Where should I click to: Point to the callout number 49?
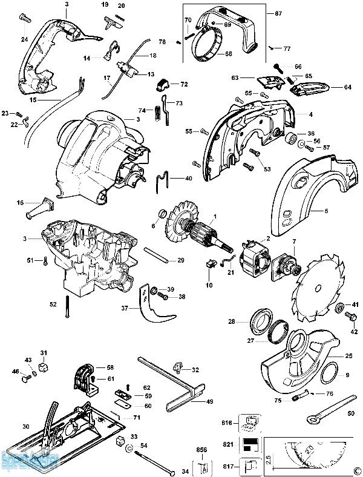point(209,401)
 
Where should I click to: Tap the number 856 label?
point(203,450)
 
